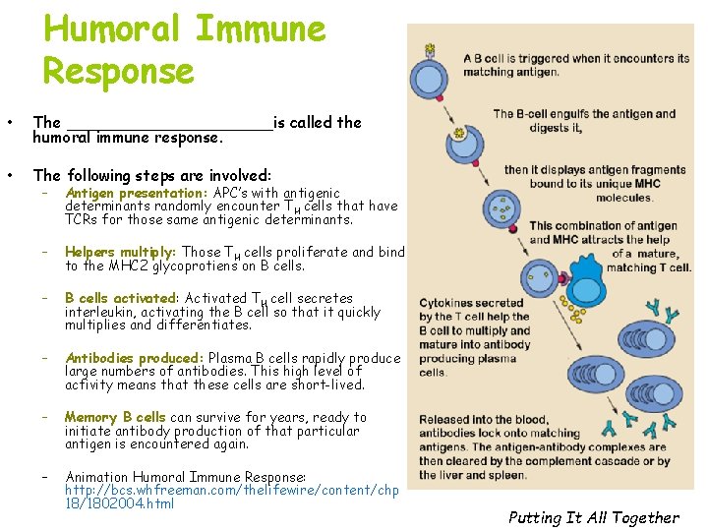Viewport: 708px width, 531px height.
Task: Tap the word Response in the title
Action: (x=118, y=71)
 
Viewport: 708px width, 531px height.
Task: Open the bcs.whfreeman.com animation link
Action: (x=231, y=490)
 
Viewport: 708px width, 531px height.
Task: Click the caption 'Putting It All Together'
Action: (x=593, y=517)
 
